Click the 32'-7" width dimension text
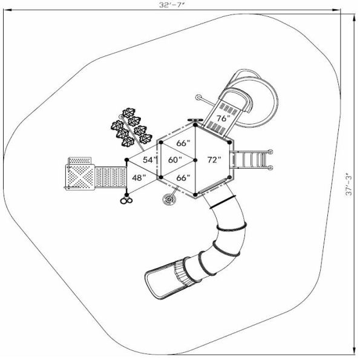click(171, 5)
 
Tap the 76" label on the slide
click(223, 119)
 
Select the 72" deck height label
click(214, 160)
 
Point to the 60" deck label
click(175, 160)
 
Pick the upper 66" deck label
click(183, 143)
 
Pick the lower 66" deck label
click(183, 177)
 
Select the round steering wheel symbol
click(168, 199)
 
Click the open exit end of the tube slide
click(151, 282)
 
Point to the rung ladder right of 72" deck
click(252, 160)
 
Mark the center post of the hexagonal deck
click(195, 160)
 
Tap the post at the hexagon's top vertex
click(195, 126)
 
